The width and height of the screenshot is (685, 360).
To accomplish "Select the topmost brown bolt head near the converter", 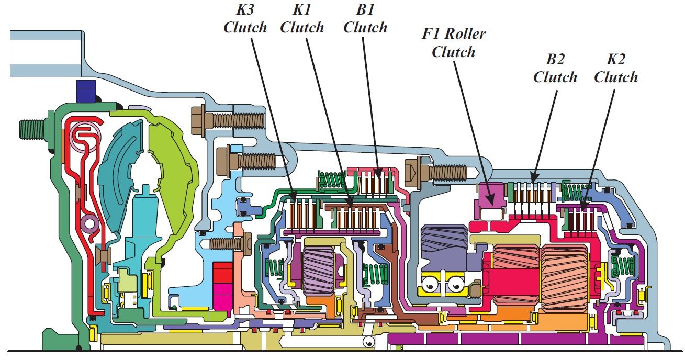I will click(201, 120).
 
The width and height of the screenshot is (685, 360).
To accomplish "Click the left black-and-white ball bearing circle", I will click(432, 285).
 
